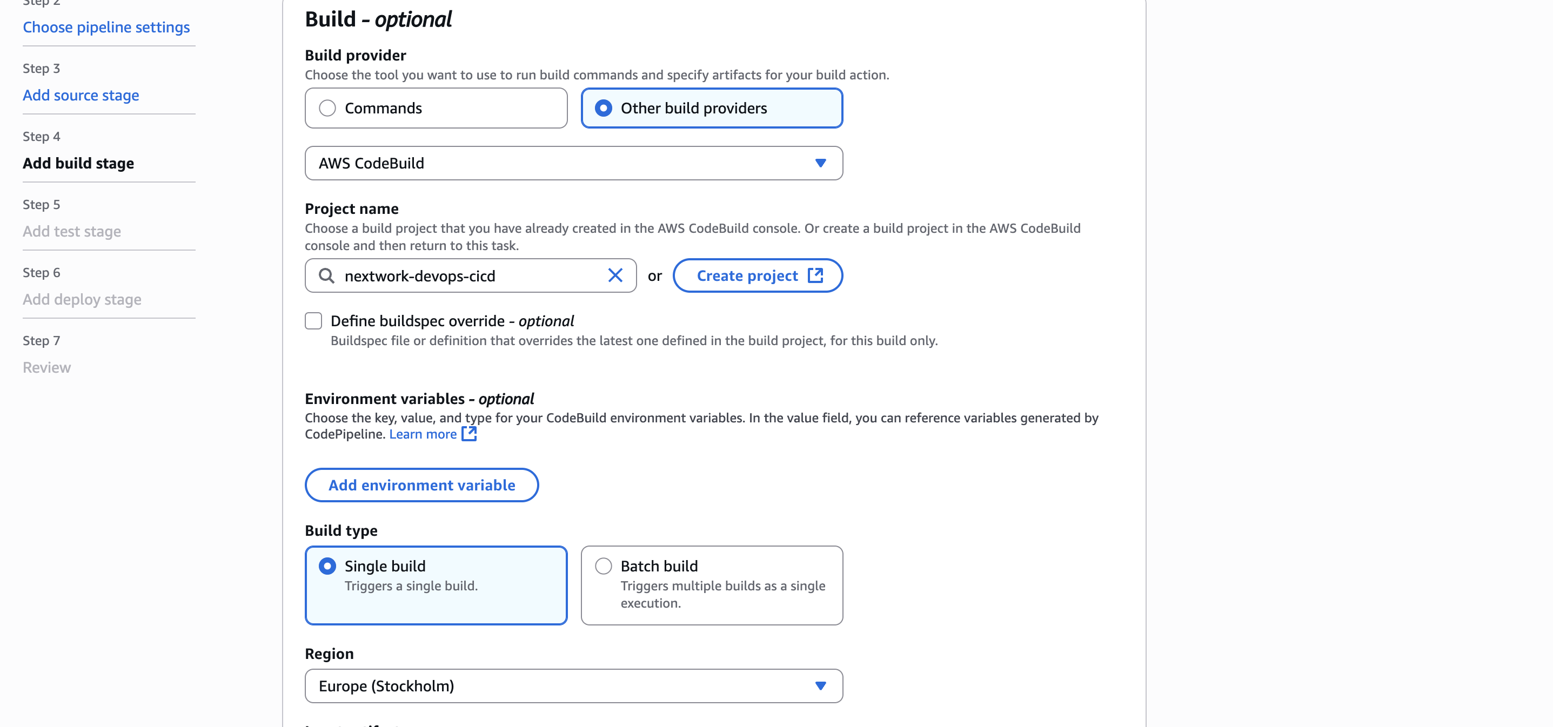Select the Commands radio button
pyautogui.click(x=327, y=109)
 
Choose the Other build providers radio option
pyautogui.click(x=603, y=109)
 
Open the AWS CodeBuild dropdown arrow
pyautogui.click(x=820, y=163)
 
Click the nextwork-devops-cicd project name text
pyautogui.click(x=420, y=276)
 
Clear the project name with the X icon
pyautogui.click(x=615, y=275)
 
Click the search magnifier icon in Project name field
pyautogui.click(x=326, y=276)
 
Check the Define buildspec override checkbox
pyautogui.click(x=313, y=321)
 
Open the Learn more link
pyautogui.click(x=423, y=434)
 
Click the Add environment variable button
pyautogui.click(x=421, y=485)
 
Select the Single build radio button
pyautogui.click(x=327, y=566)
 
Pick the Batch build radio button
pyautogui.click(x=603, y=566)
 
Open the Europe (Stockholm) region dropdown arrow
pyautogui.click(x=820, y=686)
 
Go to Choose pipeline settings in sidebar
pyautogui.click(x=106, y=27)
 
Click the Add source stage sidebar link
pyautogui.click(x=81, y=95)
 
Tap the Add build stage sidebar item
pyautogui.click(x=78, y=163)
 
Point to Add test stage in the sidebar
pyautogui.click(x=72, y=232)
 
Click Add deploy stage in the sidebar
pyautogui.click(x=82, y=300)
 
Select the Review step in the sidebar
pyautogui.click(x=46, y=368)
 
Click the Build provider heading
pyautogui.click(x=355, y=56)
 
